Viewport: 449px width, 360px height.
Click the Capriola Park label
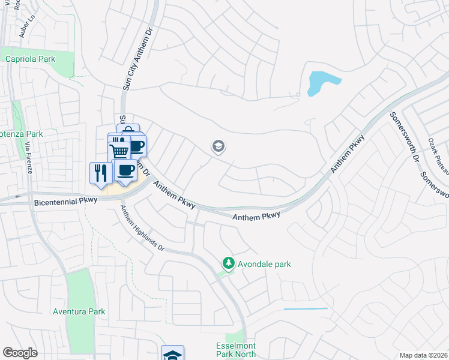pyautogui.click(x=30, y=59)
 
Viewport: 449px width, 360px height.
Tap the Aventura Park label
pyautogui.click(x=79, y=311)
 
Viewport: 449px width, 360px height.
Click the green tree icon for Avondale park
pyautogui.click(x=228, y=263)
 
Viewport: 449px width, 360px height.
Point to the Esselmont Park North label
pyautogui.click(x=236, y=350)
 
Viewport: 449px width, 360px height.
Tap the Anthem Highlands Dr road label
pyautogui.click(x=142, y=228)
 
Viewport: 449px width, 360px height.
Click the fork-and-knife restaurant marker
pyautogui.click(x=99, y=172)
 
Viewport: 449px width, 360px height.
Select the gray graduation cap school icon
pyautogui.click(x=218, y=146)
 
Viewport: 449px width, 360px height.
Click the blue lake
pyautogui.click(x=322, y=82)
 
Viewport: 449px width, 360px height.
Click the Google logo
pyautogui.click(x=20, y=353)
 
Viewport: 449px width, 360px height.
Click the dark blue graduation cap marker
pyautogui.click(x=172, y=355)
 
